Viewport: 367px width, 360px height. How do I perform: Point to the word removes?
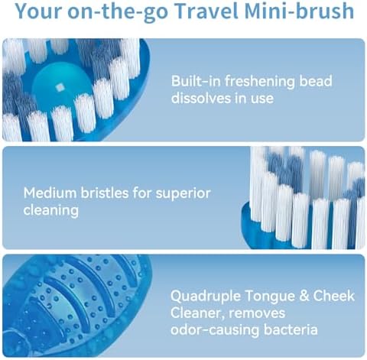pyautogui.click(x=261, y=312)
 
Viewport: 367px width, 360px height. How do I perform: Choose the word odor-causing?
pyautogui.click(x=213, y=329)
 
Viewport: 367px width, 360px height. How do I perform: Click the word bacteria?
pyautogui.click(x=287, y=329)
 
